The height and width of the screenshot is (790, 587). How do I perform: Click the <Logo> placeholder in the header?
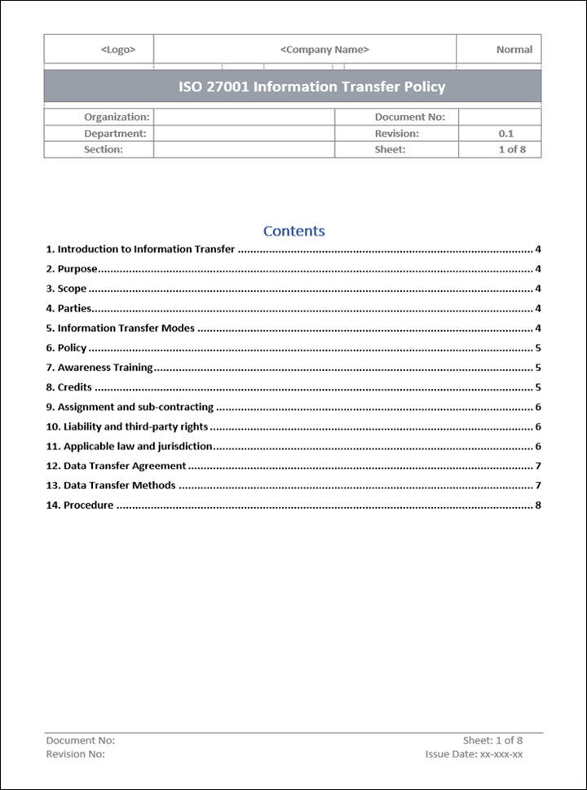click(x=118, y=50)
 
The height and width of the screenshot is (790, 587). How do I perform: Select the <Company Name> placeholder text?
click(x=324, y=50)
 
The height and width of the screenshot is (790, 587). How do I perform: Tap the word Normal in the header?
click(x=514, y=50)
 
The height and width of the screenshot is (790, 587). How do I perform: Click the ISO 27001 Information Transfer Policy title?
click(x=312, y=86)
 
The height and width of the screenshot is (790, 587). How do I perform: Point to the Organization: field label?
click(x=117, y=117)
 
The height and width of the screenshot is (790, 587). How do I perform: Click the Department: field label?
click(x=115, y=133)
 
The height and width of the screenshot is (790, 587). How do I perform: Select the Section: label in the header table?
click(x=104, y=149)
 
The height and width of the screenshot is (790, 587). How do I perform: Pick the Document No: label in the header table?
click(x=409, y=117)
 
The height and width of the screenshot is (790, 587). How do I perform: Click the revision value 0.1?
click(x=505, y=133)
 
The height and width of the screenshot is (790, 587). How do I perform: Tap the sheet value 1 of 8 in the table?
click(x=512, y=149)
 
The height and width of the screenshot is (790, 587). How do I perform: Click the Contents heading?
click(x=293, y=231)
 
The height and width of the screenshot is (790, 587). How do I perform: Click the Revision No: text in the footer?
click(x=76, y=754)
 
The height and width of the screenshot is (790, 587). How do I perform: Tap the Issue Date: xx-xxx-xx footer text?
click(x=474, y=754)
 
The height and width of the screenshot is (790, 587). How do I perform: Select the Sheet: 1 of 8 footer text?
click(x=492, y=740)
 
